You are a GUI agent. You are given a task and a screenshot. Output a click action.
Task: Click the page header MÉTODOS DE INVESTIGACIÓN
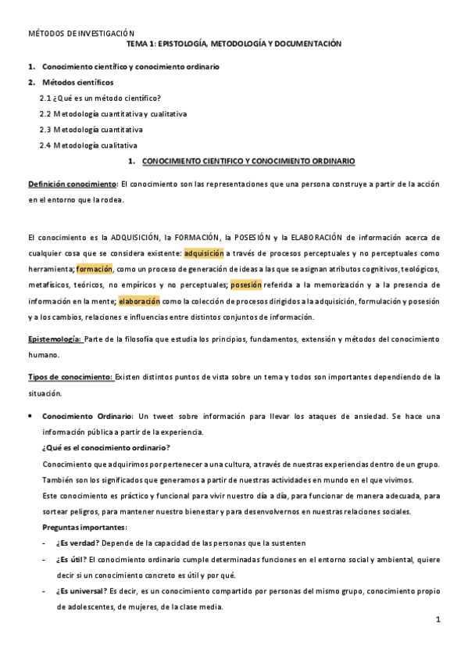tap(81, 34)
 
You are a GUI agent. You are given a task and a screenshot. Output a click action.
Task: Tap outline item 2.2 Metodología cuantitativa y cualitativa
tap(113, 113)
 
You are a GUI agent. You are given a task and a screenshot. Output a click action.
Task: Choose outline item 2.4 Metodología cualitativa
tap(88, 145)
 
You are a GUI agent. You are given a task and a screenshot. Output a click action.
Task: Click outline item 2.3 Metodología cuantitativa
tap(91, 129)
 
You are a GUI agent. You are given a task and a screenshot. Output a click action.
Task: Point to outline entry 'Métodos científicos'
tap(77, 82)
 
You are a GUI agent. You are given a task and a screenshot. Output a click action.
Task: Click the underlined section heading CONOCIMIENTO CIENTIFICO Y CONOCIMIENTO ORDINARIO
tap(248, 161)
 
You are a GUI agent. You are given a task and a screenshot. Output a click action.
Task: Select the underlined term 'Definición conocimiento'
tap(72, 183)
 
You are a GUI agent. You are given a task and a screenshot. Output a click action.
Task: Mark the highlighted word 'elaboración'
tap(139, 300)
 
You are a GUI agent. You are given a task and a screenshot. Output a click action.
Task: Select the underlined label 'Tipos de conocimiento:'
tap(70, 377)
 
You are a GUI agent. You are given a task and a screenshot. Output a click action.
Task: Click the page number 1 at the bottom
tap(438, 620)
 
